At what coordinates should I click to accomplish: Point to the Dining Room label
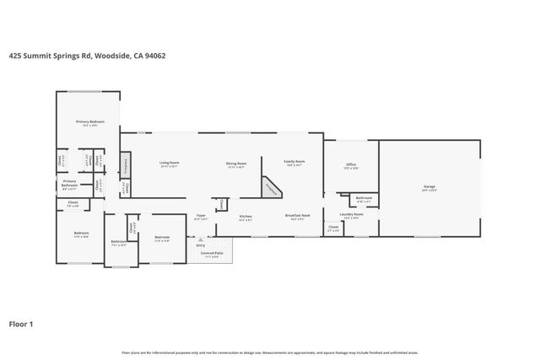point(235,163)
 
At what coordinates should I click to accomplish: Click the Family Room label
point(294,161)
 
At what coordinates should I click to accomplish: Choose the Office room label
point(351,164)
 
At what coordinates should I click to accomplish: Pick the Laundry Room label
point(351,214)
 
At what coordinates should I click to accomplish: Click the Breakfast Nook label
point(298,215)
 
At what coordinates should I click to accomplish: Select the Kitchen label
point(246,216)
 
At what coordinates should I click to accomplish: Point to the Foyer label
point(201,216)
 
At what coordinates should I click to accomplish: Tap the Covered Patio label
point(212,252)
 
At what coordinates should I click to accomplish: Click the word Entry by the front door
point(201,244)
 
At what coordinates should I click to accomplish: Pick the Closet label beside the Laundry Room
point(333,227)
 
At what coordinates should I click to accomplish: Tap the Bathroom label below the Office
point(364,198)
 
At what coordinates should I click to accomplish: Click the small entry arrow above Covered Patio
point(201,239)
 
